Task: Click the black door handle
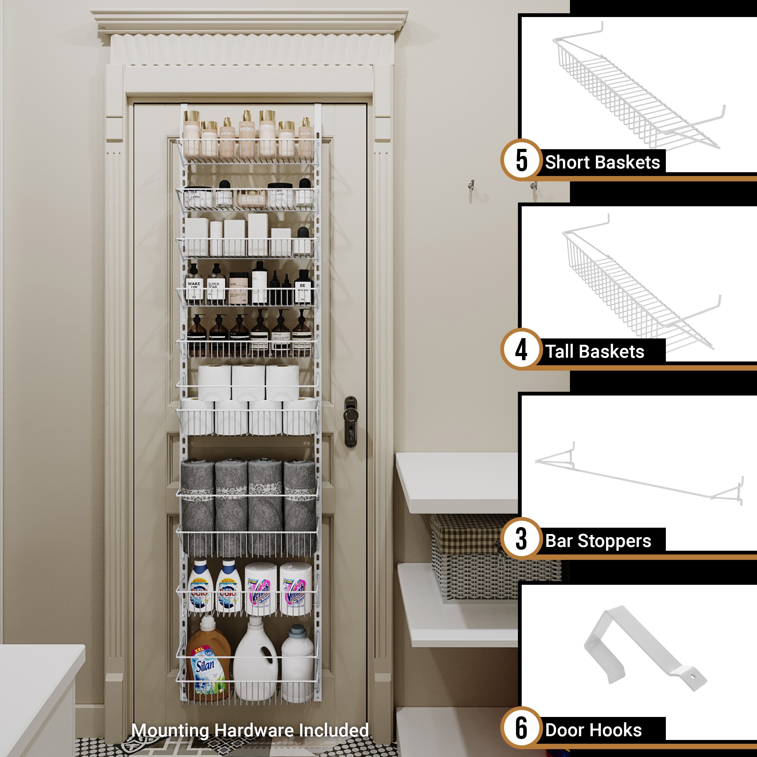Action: (x=350, y=421)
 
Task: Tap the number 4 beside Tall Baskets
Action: (x=521, y=349)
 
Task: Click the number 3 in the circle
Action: (x=521, y=539)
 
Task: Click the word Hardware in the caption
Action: (x=255, y=731)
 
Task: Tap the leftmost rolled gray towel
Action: (x=197, y=505)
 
